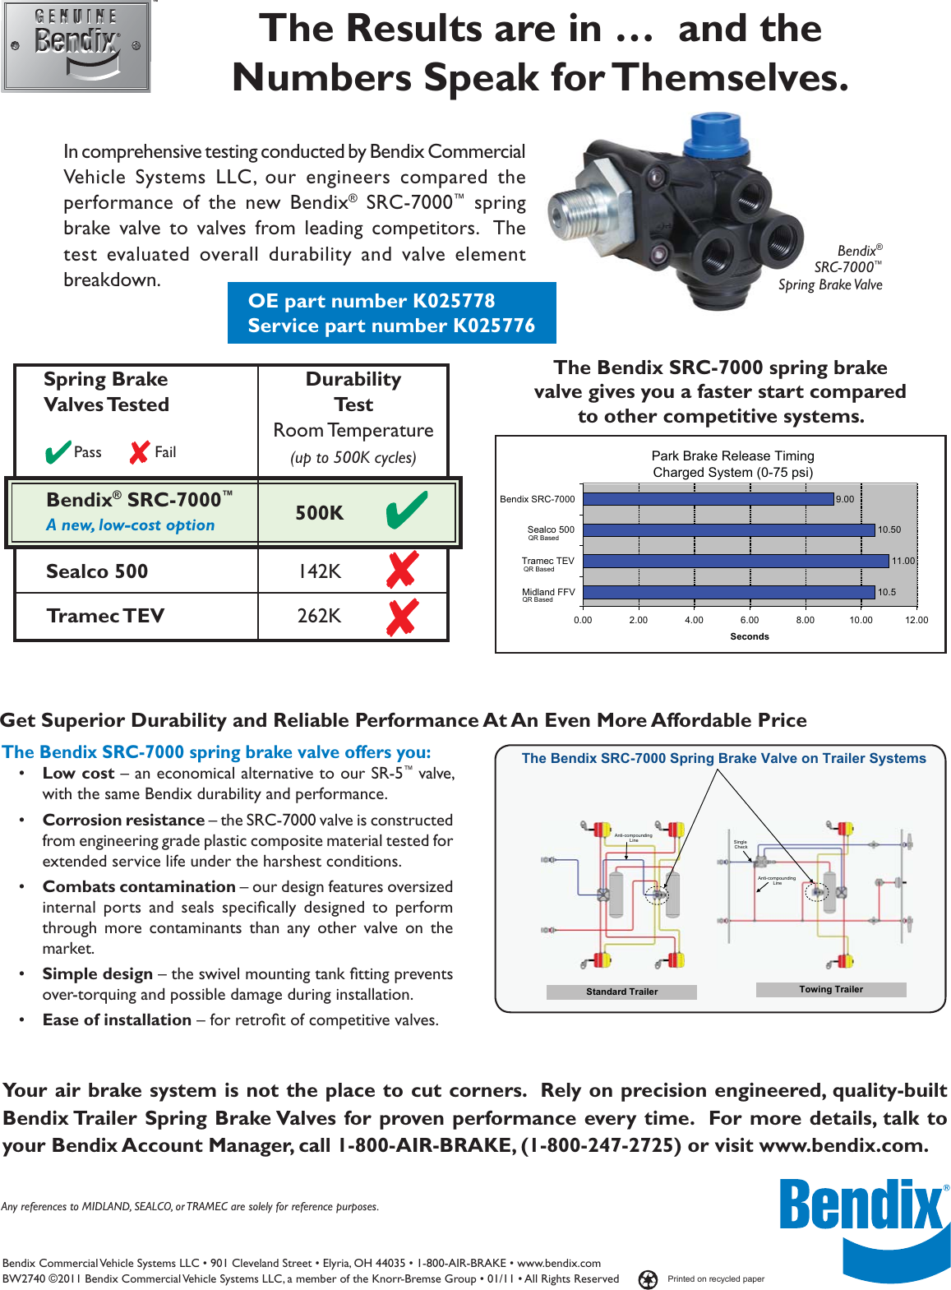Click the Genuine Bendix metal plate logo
(x=76, y=46)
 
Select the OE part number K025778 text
(x=372, y=301)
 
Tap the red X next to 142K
(x=402, y=570)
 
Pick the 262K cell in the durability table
(x=319, y=616)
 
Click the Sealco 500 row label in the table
(x=97, y=571)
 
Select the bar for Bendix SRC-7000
(x=708, y=499)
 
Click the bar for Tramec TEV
(x=736, y=561)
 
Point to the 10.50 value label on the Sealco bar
(x=889, y=530)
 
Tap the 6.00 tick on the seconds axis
(x=750, y=620)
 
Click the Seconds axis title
(x=750, y=636)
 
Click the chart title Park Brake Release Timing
(x=732, y=455)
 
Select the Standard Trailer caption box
(x=621, y=992)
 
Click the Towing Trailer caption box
(x=831, y=989)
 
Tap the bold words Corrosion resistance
(x=123, y=820)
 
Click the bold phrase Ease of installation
(x=117, y=1020)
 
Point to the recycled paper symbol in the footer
(x=649, y=1279)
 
